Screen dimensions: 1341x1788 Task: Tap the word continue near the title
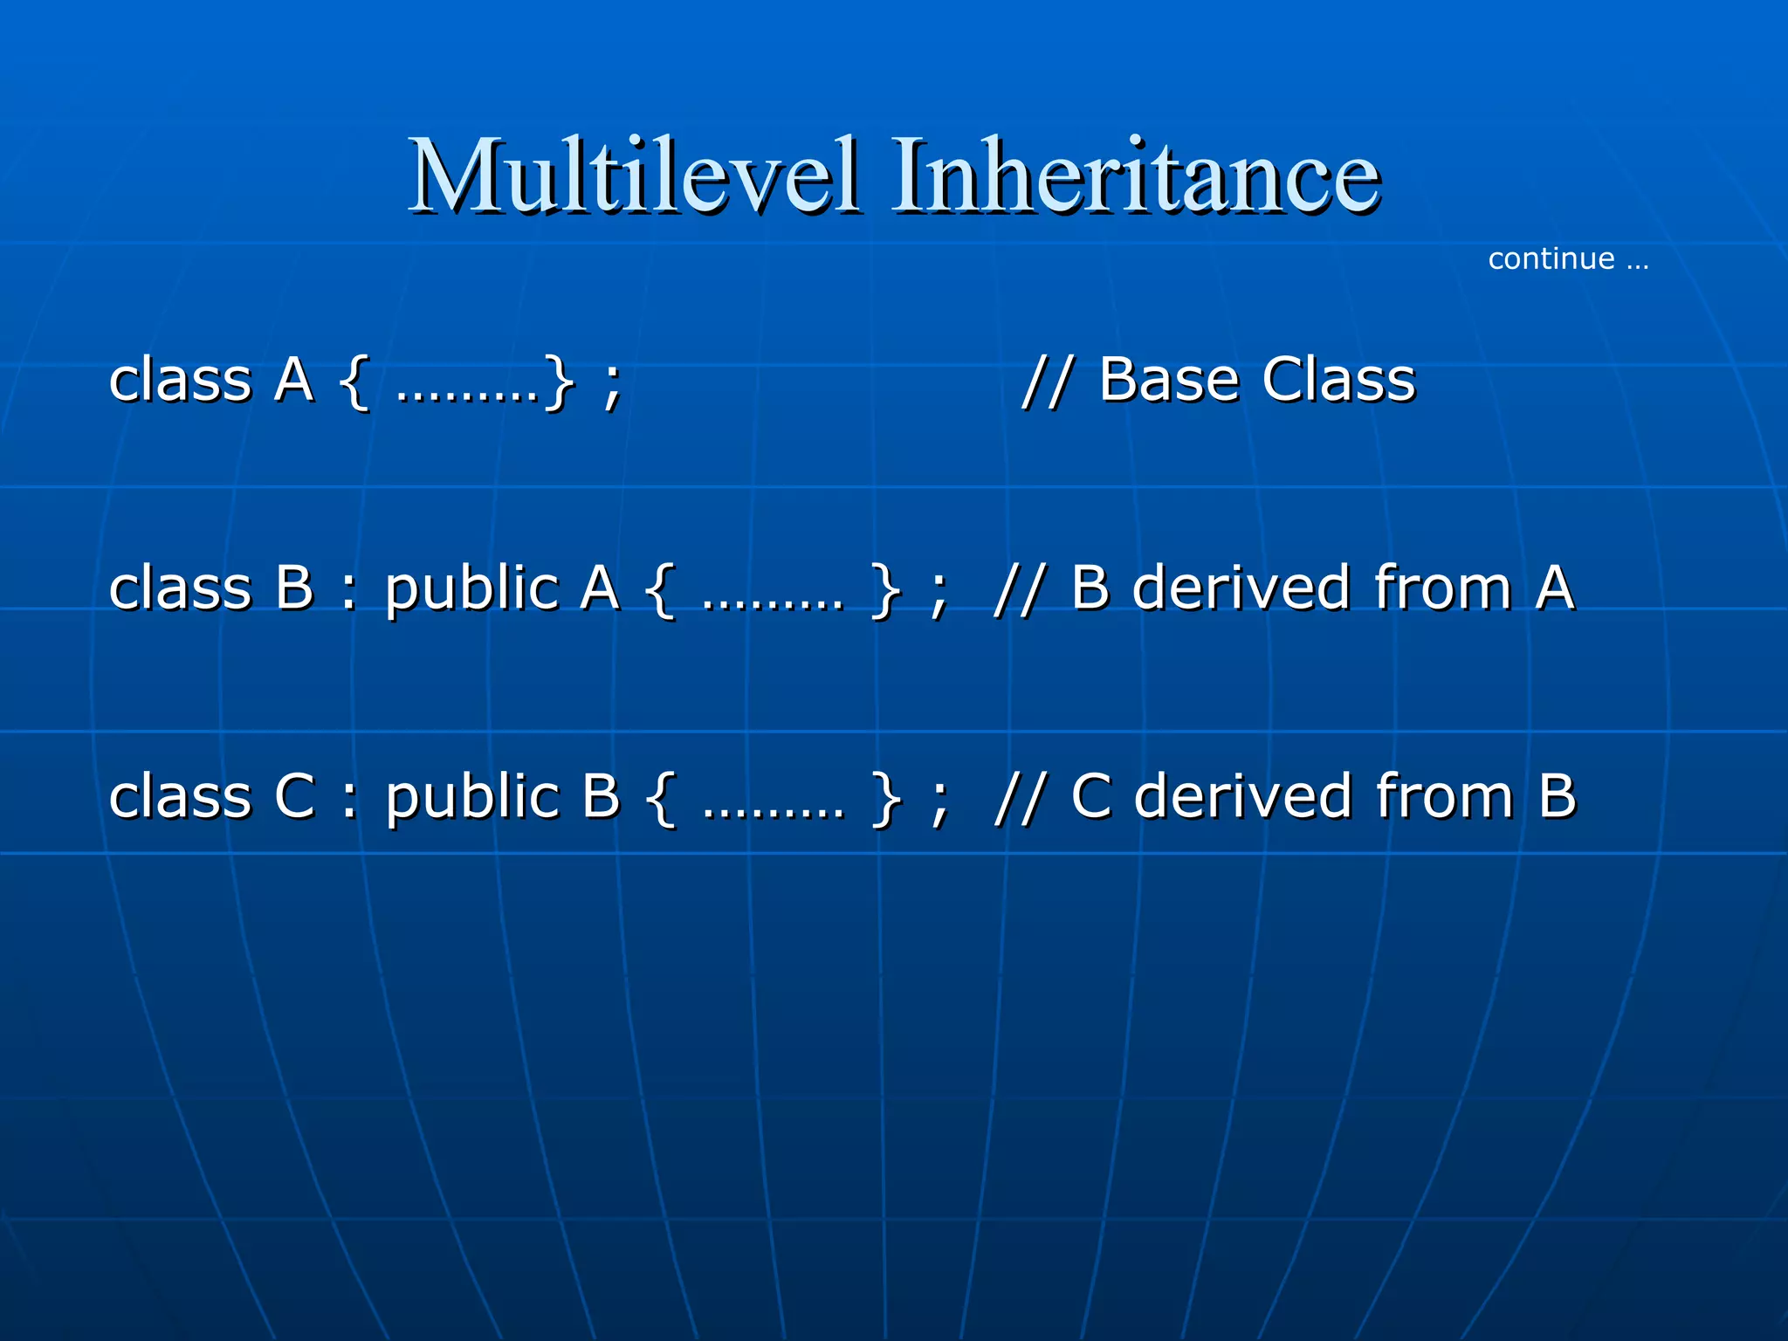click(x=1551, y=259)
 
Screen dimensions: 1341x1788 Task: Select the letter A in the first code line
click(x=294, y=381)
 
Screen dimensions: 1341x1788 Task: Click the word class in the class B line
click(x=180, y=588)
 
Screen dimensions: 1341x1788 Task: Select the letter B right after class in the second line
click(x=294, y=588)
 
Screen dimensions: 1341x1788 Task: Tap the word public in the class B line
click(x=472, y=590)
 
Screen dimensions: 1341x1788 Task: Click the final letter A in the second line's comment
click(x=1555, y=588)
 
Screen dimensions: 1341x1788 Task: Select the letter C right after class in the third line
click(x=295, y=796)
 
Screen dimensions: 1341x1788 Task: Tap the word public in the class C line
click(x=472, y=798)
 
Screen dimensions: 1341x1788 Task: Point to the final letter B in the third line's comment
click(x=1557, y=796)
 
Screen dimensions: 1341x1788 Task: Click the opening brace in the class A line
click(x=354, y=382)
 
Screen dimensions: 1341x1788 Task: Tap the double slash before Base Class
click(x=1046, y=381)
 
